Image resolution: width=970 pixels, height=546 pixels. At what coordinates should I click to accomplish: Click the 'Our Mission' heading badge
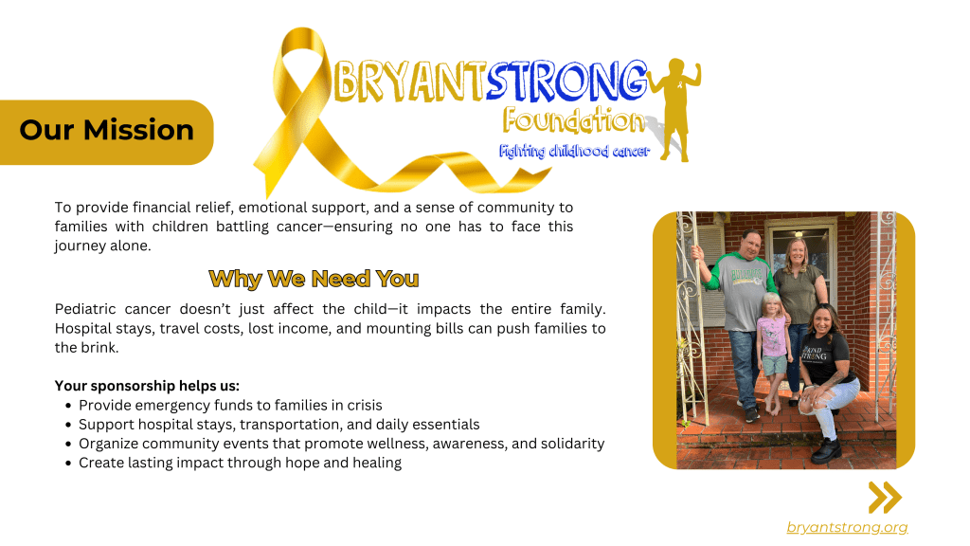tap(106, 133)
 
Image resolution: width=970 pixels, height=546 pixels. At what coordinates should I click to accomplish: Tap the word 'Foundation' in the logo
tap(573, 120)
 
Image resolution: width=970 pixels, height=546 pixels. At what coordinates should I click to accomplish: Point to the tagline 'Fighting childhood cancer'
tap(575, 151)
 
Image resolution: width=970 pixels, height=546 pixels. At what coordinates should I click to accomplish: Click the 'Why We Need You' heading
tap(314, 280)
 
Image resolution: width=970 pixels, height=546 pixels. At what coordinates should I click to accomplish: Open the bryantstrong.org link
tap(847, 527)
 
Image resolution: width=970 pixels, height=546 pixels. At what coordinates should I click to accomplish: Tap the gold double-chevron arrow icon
tap(886, 497)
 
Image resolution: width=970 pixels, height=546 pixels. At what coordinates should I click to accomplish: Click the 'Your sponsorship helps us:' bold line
tap(147, 386)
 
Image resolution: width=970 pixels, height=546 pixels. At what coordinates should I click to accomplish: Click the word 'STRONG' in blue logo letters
tap(566, 81)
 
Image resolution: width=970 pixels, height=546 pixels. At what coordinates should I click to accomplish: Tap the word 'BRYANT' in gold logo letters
tap(409, 81)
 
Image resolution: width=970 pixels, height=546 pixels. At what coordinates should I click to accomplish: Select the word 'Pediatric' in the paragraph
tap(85, 309)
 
